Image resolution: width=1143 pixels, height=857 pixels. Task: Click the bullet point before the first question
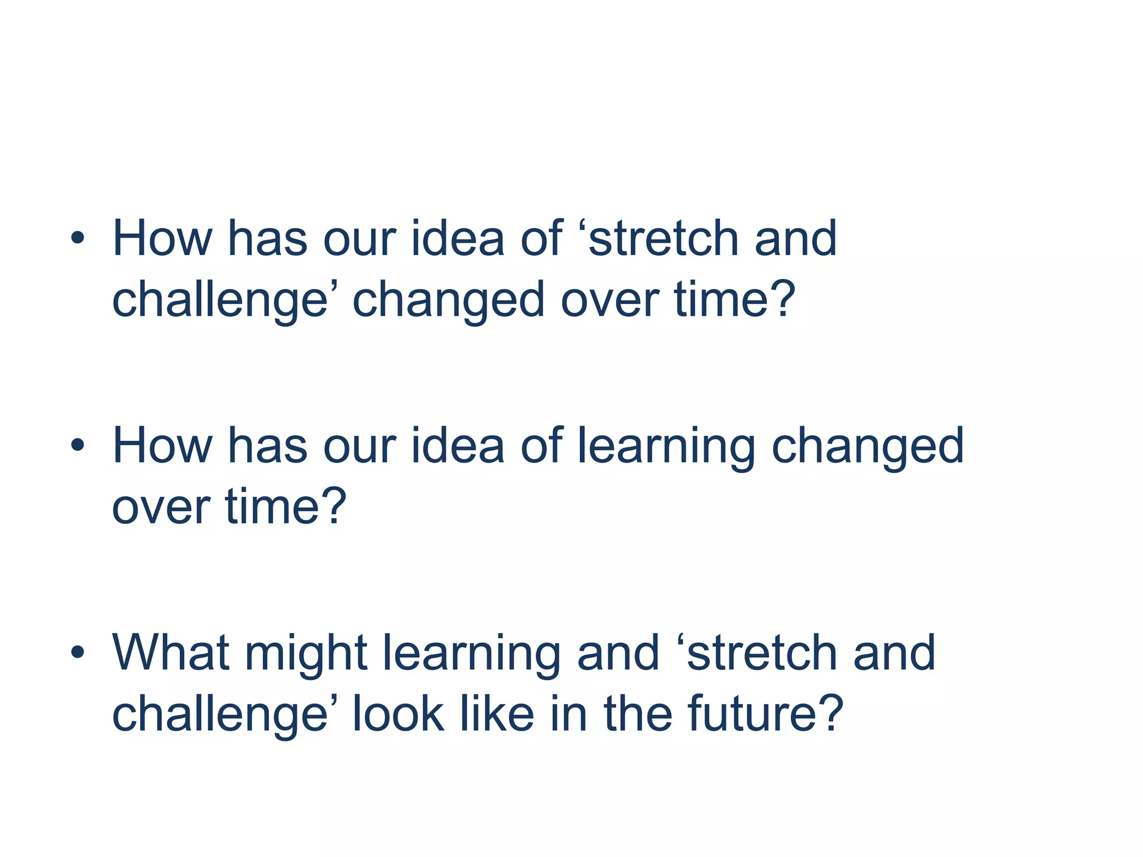(x=78, y=239)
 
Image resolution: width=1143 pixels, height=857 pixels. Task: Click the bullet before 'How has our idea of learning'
(x=78, y=446)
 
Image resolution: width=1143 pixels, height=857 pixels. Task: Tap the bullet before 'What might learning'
(x=78, y=652)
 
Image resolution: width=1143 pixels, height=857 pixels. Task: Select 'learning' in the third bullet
(x=472, y=654)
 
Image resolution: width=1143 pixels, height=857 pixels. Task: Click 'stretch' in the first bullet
(x=663, y=239)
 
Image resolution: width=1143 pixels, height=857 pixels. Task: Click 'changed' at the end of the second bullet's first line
(x=868, y=447)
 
